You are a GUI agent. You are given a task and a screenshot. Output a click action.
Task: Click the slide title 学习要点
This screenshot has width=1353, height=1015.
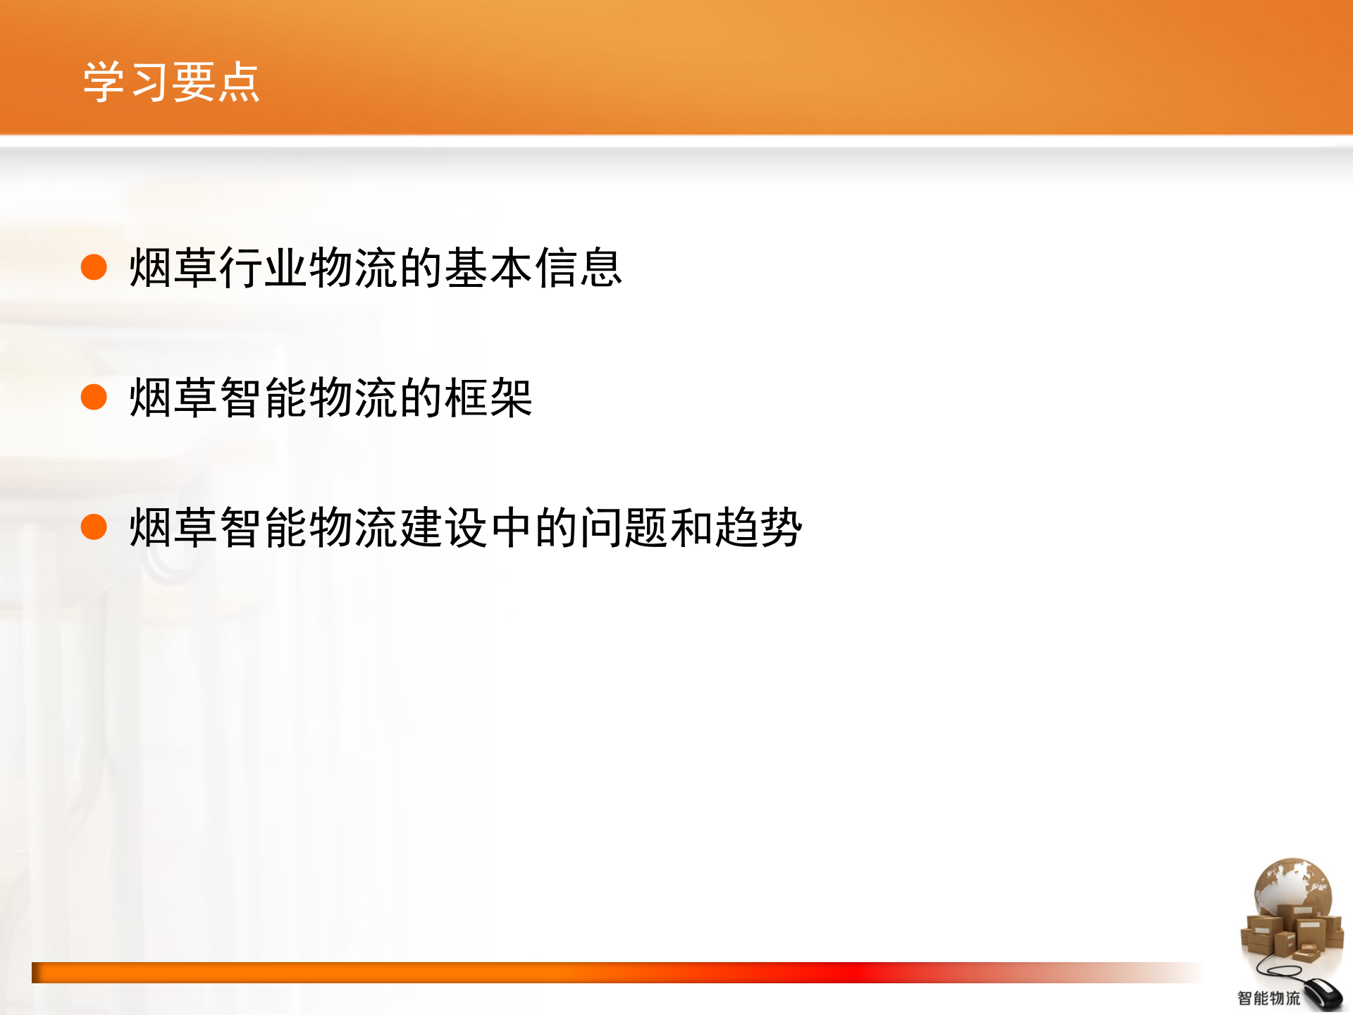coord(171,82)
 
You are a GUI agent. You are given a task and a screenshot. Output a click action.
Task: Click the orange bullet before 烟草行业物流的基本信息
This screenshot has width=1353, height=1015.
coord(94,267)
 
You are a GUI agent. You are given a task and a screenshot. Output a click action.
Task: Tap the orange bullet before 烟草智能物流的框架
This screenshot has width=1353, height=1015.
coord(94,397)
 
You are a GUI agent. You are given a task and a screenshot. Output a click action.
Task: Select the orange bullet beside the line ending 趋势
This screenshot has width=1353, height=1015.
coord(94,527)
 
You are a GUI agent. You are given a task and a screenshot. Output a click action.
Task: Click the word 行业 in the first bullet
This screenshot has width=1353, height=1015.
coord(264,268)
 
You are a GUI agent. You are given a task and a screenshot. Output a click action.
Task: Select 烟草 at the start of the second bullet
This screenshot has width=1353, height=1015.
coord(173,398)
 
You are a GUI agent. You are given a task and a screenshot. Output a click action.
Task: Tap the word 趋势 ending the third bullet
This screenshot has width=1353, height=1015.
coord(758,527)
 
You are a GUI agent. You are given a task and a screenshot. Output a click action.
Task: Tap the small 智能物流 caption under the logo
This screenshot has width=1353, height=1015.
coord(1268,998)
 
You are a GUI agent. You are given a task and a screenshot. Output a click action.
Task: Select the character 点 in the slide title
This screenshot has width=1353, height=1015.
coord(239,82)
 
